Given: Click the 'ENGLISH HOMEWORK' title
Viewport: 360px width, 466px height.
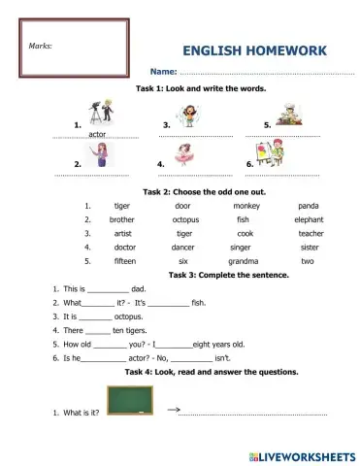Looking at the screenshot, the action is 254,51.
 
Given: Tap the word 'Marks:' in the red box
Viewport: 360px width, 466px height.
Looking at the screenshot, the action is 40,45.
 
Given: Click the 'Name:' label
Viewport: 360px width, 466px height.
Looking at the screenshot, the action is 162,72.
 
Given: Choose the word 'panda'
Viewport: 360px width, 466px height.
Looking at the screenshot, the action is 309,206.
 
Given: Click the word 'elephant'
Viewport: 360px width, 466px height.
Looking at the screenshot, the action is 309,219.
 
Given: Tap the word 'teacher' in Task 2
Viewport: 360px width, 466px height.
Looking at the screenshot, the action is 311,233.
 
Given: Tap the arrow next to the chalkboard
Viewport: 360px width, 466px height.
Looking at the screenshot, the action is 176,409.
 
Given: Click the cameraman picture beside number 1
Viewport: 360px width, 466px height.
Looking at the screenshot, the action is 101,111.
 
